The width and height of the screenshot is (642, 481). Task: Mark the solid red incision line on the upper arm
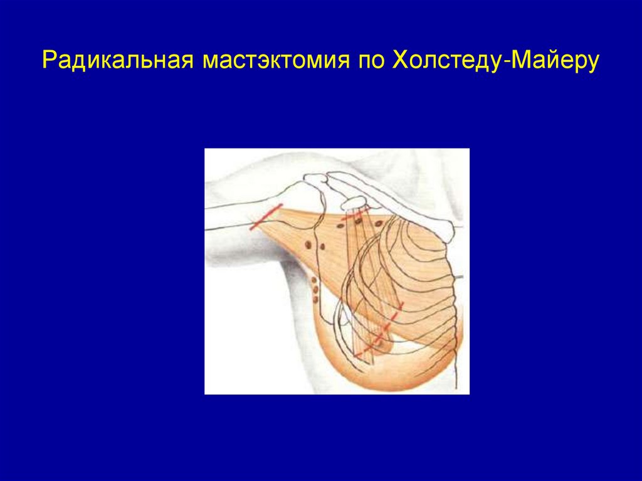pos(266,216)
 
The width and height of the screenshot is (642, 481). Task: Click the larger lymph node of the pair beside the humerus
pos(309,244)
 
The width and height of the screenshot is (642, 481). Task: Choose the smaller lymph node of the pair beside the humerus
pos(322,246)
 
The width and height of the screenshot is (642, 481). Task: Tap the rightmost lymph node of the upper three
pos(380,223)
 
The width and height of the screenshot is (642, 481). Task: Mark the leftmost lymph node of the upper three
pos(342,223)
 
